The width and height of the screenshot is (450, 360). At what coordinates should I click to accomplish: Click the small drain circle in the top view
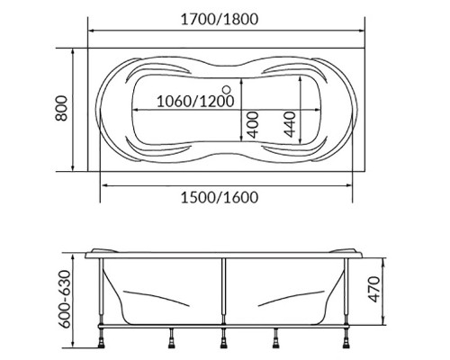(226, 89)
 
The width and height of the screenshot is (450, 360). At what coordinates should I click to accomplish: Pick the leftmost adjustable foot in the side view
(101, 340)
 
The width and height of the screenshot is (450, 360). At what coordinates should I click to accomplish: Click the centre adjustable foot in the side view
(225, 340)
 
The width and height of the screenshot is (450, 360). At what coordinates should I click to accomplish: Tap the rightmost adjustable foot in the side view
(349, 340)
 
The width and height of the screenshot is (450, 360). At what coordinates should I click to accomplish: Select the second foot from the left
(168, 340)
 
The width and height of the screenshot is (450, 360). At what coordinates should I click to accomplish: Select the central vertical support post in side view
(225, 292)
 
